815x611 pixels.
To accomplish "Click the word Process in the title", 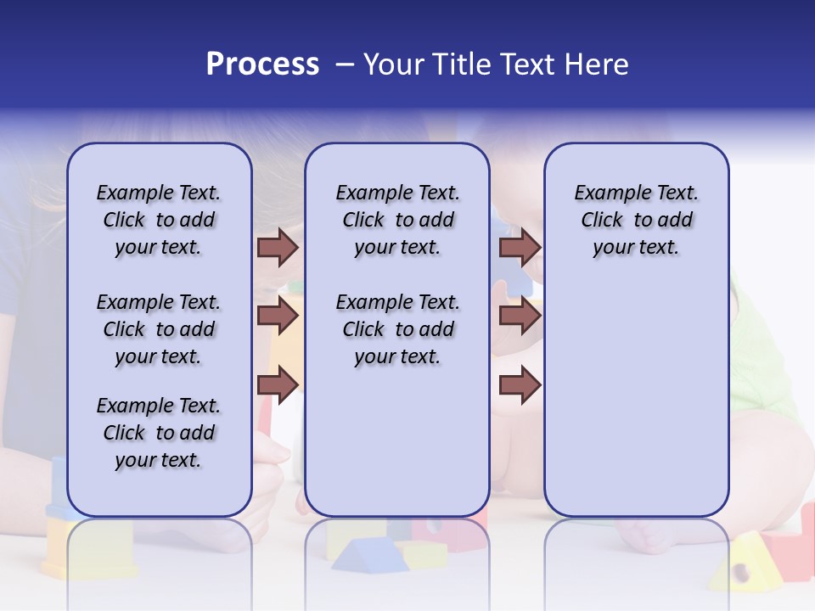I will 262,64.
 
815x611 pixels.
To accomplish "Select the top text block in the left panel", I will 159,220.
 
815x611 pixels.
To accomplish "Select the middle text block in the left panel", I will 159,329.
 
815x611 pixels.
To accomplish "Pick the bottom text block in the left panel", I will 159,433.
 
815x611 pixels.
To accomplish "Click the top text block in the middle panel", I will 397,220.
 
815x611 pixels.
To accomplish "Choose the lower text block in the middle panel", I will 397,329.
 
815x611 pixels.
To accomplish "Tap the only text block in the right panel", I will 636,220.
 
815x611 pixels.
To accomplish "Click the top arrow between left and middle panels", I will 278,247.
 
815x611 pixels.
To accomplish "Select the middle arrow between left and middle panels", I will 278,316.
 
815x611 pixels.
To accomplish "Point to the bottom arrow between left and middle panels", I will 278,385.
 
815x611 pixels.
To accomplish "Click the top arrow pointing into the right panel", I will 520,247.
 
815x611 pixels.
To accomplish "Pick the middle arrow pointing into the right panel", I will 520,316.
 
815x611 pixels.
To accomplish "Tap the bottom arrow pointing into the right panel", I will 520,385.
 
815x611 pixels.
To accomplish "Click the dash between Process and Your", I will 344,64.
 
